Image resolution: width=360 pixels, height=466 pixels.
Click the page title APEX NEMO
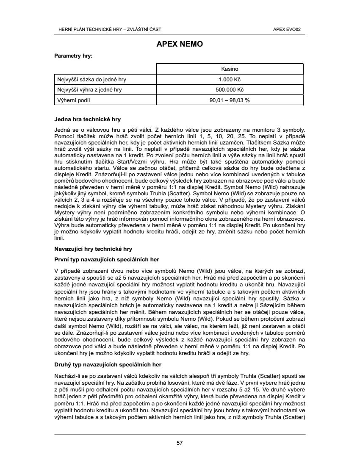pos(180,44)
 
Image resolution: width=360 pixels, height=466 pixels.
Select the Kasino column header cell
pos(230,69)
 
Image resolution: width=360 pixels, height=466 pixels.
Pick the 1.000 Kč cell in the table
pos(230,79)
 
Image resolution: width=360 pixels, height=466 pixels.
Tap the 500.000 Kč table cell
pos(230,90)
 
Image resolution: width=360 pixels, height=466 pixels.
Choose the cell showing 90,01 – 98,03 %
pos(230,100)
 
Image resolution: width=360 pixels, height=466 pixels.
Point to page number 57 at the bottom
pos(180,443)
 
